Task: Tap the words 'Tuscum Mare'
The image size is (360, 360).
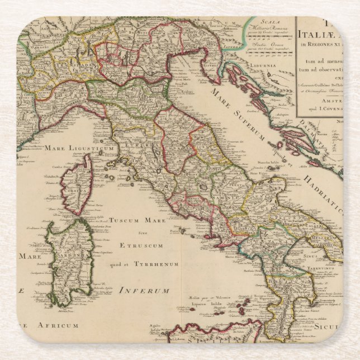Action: (x=134, y=220)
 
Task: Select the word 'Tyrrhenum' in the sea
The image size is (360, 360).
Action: (x=159, y=264)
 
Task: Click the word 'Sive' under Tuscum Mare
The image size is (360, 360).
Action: (x=141, y=232)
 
